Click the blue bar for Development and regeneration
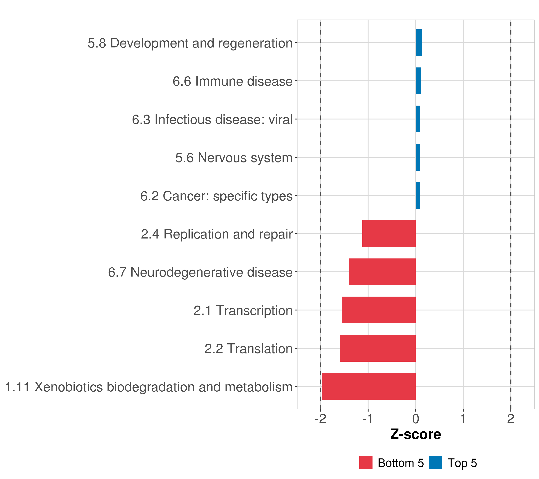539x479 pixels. [x=418, y=43]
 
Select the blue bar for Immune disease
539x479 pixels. [x=418, y=81]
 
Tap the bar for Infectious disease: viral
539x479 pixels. [x=418, y=119]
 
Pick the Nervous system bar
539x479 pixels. [x=418, y=157]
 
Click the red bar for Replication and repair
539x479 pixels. [x=389, y=234]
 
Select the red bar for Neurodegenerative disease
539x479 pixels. [x=382, y=272]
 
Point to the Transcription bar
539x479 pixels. [x=378, y=310]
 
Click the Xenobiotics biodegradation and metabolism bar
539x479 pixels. [x=369, y=386]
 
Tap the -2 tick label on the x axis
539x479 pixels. [x=320, y=419]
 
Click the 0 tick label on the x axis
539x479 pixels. [x=416, y=419]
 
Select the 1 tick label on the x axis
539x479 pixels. [x=463, y=419]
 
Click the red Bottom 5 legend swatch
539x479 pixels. [x=366, y=463]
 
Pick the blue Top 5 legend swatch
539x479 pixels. [x=436, y=463]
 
